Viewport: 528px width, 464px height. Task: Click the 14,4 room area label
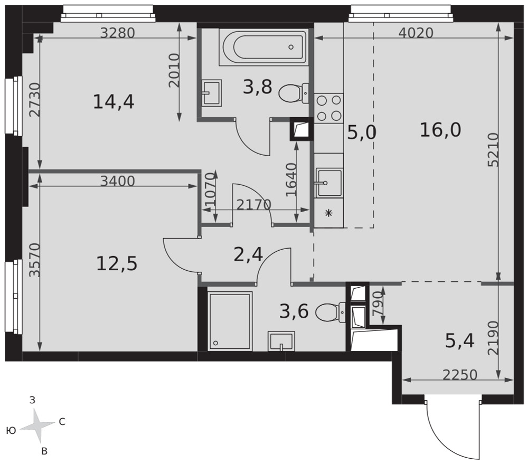(x=114, y=102)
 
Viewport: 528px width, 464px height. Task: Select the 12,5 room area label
(x=117, y=263)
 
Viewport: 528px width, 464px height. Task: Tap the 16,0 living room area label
(x=440, y=130)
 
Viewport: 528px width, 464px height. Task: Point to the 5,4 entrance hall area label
(x=460, y=341)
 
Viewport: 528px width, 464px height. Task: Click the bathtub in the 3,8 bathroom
(x=263, y=47)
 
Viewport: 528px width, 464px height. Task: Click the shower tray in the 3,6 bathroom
(x=230, y=321)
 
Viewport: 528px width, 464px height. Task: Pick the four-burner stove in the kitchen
(x=328, y=108)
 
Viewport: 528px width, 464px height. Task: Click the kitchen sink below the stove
(x=328, y=183)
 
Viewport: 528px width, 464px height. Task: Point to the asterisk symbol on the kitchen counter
(x=328, y=213)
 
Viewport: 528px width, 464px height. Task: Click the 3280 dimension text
(x=118, y=33)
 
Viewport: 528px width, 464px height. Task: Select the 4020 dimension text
(x=416, y=33)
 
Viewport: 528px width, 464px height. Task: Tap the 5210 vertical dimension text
(x=494, y=150)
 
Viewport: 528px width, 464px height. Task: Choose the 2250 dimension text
(x=460, y=375)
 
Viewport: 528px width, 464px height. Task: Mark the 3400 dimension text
(x=118, y=181)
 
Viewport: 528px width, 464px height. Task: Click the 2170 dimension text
(x=254, y=205)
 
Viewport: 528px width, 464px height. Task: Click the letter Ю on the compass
(x=11, y=430)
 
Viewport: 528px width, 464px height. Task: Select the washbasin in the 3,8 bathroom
(x=212, y=93)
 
